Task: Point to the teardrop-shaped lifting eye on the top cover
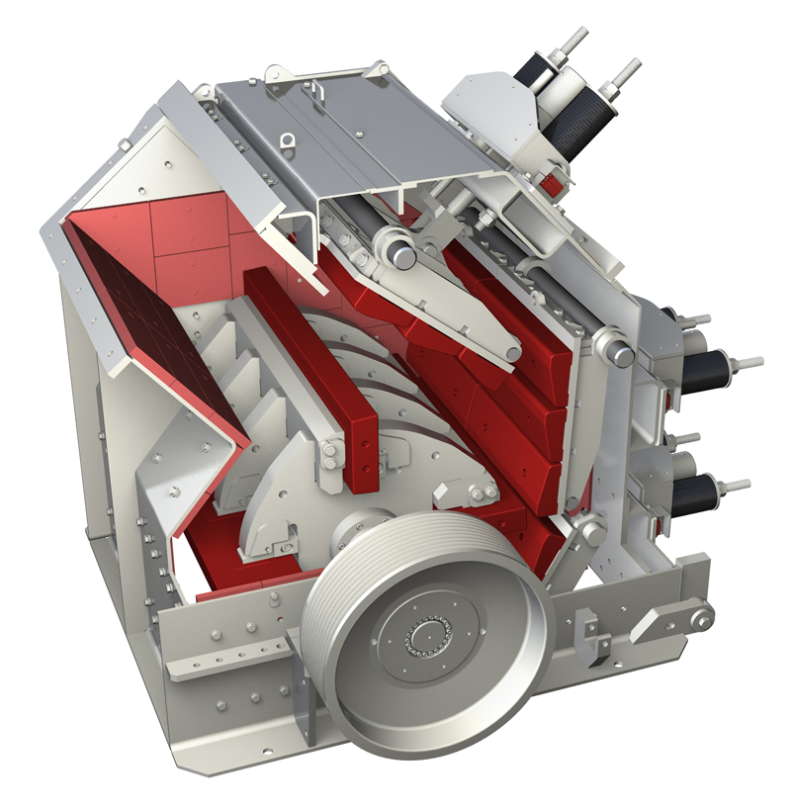[x=288, y=144]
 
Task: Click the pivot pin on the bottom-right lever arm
[x=701, y=618]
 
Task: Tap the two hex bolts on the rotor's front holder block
[x=482, y=494]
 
